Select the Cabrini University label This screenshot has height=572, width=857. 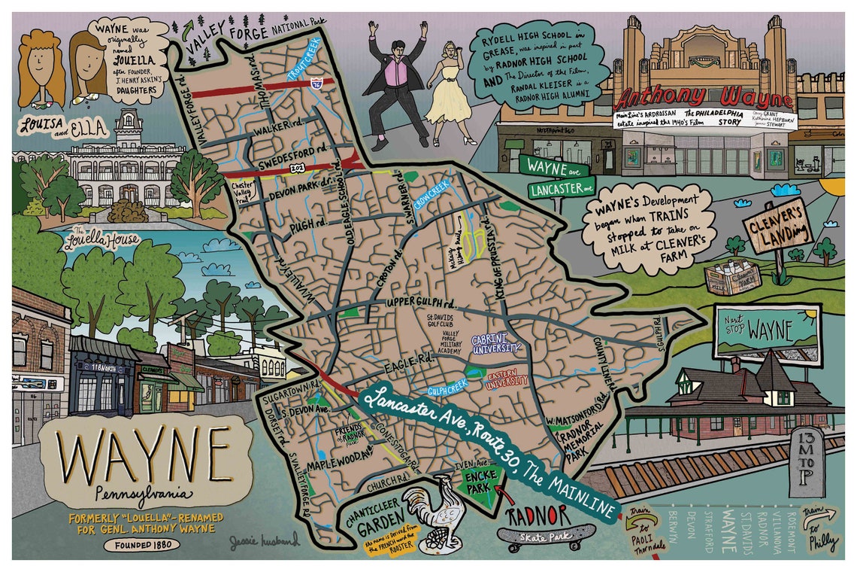495,344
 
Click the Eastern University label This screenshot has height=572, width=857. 507,379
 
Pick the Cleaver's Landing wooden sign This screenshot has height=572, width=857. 777,226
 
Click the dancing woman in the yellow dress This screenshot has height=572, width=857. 449,83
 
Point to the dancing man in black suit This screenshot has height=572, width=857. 393,83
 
